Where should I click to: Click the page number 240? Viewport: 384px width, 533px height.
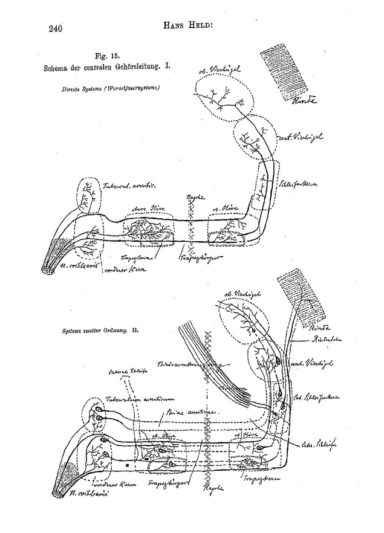[54, 27]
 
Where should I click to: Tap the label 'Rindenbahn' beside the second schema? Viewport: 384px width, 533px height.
[314, 339]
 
